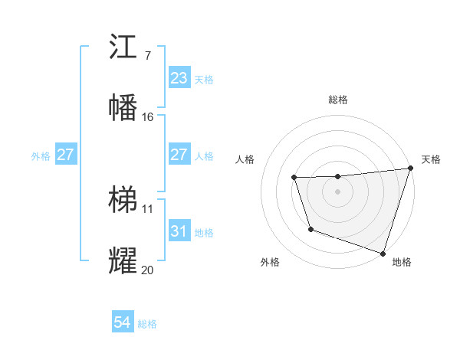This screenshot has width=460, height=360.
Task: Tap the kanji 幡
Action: click(x=123, y=107)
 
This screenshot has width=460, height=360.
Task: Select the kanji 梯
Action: click(x=123, y=200)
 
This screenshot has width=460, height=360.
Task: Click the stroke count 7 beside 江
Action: click(x=147, y=56)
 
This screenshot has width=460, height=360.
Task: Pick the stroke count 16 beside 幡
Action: click(x=148, y=117)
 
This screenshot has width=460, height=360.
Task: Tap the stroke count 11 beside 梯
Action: click(x=148, y=209)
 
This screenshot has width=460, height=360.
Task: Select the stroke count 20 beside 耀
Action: click(x=148, y=270)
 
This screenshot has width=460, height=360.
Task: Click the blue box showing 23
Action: click(x=179, y=78)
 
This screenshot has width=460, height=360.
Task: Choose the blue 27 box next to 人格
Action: click(x=179, y=155)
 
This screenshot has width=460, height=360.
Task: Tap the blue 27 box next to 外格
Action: click(x=65, y=155)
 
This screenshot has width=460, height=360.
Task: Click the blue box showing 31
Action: click(x=179, y=231)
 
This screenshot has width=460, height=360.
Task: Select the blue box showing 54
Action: click(x=122, y=323)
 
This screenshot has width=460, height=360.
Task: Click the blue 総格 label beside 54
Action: click(x=147, y=324)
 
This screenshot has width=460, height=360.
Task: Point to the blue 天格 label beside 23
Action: click(x=203, y=79)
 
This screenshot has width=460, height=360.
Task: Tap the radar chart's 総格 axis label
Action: click(x=338, y=100)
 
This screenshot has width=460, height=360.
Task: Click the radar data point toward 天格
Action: click(x=410, y=169)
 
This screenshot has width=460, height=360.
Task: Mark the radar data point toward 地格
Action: click(x=383, y=253)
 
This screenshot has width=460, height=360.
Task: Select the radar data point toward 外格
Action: click(x=310, y=229)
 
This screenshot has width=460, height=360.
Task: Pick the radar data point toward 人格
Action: click(x=294, y=178)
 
